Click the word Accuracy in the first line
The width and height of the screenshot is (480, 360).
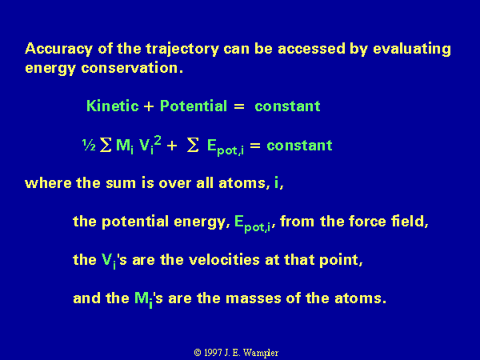point(58,50)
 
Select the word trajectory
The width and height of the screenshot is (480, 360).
point(182,50)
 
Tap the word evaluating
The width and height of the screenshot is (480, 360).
point(412,50)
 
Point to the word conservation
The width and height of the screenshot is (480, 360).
point(132,68)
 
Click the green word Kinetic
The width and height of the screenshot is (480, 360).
point(112,106)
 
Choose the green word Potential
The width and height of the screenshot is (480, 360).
point(194,106)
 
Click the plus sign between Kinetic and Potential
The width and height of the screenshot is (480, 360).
point(149,106)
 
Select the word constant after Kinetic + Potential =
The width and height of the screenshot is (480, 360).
point(287,106)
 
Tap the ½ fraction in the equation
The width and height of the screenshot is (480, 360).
point(89,145)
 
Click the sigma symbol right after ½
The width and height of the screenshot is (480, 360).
point(106,145)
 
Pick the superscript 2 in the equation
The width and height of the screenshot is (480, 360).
point(158,141)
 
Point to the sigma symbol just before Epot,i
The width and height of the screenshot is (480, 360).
point(193,145)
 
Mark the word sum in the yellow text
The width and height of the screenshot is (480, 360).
point(121,183)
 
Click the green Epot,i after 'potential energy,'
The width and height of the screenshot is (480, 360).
point(253,224)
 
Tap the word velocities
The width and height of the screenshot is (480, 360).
point(224,260)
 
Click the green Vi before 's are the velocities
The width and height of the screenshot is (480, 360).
point(109,262)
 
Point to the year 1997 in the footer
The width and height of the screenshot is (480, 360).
point(213,353)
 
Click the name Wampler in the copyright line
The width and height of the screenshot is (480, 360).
point(261,354)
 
